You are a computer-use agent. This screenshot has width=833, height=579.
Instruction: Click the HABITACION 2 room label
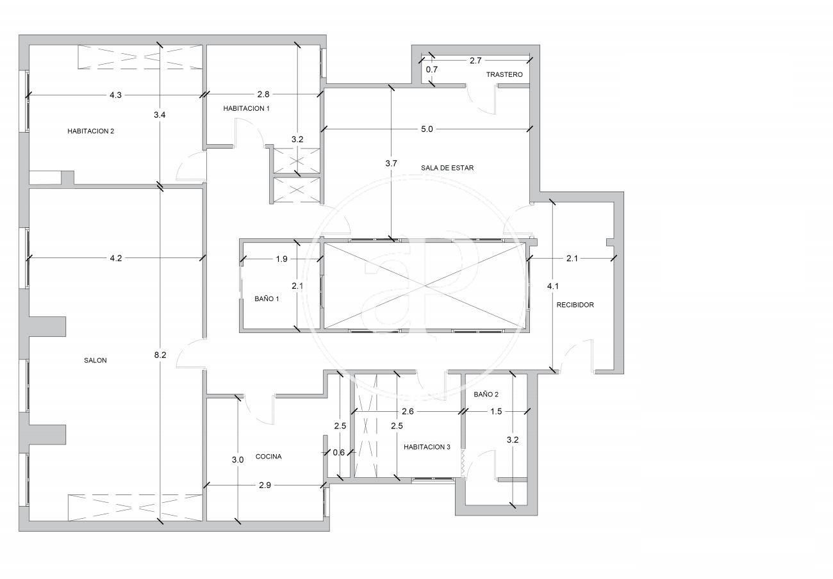tap(91, 131)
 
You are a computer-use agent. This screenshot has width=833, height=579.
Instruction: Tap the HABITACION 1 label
tap(246, 108)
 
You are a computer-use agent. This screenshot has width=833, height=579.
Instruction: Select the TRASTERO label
tap(504, 75)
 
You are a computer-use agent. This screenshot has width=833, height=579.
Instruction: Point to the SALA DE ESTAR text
tap(447, 168)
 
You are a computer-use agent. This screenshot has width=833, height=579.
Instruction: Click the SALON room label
tap(95, 361)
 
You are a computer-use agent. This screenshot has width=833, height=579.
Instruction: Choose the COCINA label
tap(268, 457)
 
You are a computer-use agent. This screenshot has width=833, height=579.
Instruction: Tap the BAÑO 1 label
tap(267, 299)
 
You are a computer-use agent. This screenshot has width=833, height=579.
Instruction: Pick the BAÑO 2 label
tap(486, 395)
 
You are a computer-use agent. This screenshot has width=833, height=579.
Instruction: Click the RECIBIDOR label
tap(575, 305)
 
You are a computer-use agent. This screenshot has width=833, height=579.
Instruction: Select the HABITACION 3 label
tap(427, 447)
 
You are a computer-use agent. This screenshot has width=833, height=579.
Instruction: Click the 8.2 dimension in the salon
tap(160, 355)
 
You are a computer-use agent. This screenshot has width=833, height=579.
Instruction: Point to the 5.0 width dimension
tap(427, 129)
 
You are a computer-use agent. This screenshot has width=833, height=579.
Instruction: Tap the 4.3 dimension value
tap(115, 95)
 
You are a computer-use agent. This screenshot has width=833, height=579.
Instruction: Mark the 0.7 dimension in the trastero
tap(432, 70)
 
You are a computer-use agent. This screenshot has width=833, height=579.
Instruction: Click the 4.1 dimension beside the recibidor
tap(552, 286)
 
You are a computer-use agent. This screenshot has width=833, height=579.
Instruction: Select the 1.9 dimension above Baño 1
tap(281, 259)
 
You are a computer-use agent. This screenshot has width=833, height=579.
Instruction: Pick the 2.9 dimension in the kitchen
tap(265, 485)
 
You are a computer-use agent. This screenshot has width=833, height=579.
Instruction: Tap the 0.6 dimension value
tap(339, 453)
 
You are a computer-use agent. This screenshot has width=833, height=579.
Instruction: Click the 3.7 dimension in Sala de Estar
tap(392, 163)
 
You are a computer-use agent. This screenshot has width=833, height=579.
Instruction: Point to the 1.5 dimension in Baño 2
tap(496, 411)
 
